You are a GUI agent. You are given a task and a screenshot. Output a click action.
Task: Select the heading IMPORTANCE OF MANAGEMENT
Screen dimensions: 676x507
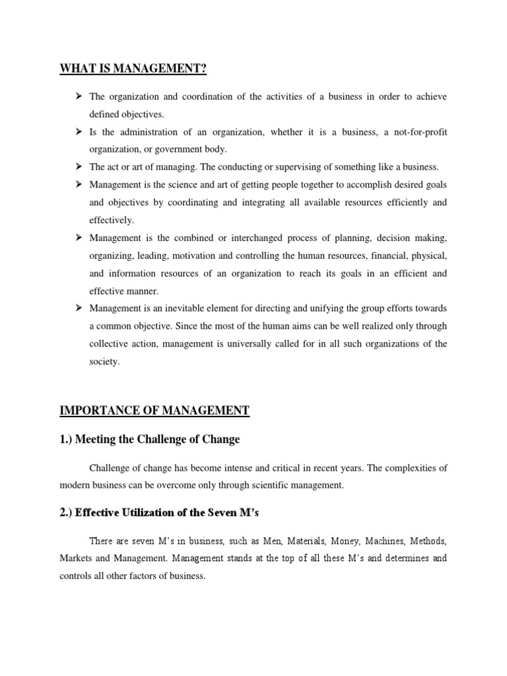(x=154, y=411)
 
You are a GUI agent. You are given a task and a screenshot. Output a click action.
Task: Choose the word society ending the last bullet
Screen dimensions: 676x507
(x=104, y=361)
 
